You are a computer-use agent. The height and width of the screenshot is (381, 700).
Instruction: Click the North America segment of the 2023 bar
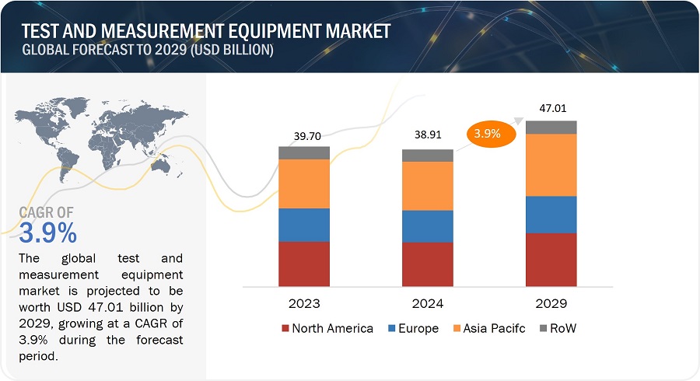[x=304, y=264]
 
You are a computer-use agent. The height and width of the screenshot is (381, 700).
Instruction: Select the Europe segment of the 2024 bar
[x=427, y=226]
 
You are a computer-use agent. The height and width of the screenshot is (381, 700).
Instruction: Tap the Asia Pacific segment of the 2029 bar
[x=551, y=165]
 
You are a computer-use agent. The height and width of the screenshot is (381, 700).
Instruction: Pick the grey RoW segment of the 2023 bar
[x=304, y=152]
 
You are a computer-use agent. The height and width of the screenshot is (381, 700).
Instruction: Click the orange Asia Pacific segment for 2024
[x=427, y=186]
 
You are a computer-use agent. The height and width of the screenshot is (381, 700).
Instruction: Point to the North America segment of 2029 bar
[x=551, y=260]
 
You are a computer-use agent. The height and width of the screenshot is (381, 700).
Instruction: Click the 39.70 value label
[x=304, y=137]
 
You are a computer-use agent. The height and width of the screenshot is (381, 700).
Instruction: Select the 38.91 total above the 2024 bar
[x=427, y=140]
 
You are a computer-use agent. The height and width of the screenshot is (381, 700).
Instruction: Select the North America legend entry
[x=327, y=328]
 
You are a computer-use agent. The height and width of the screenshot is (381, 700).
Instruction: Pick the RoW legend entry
[x=556, y=328]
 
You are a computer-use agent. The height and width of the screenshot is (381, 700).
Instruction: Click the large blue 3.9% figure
[x=48, y=232]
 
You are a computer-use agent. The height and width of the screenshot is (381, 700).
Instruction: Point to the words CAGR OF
[x=47, y=211]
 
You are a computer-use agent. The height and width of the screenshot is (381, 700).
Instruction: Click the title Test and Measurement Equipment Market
[x=206, y=32]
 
